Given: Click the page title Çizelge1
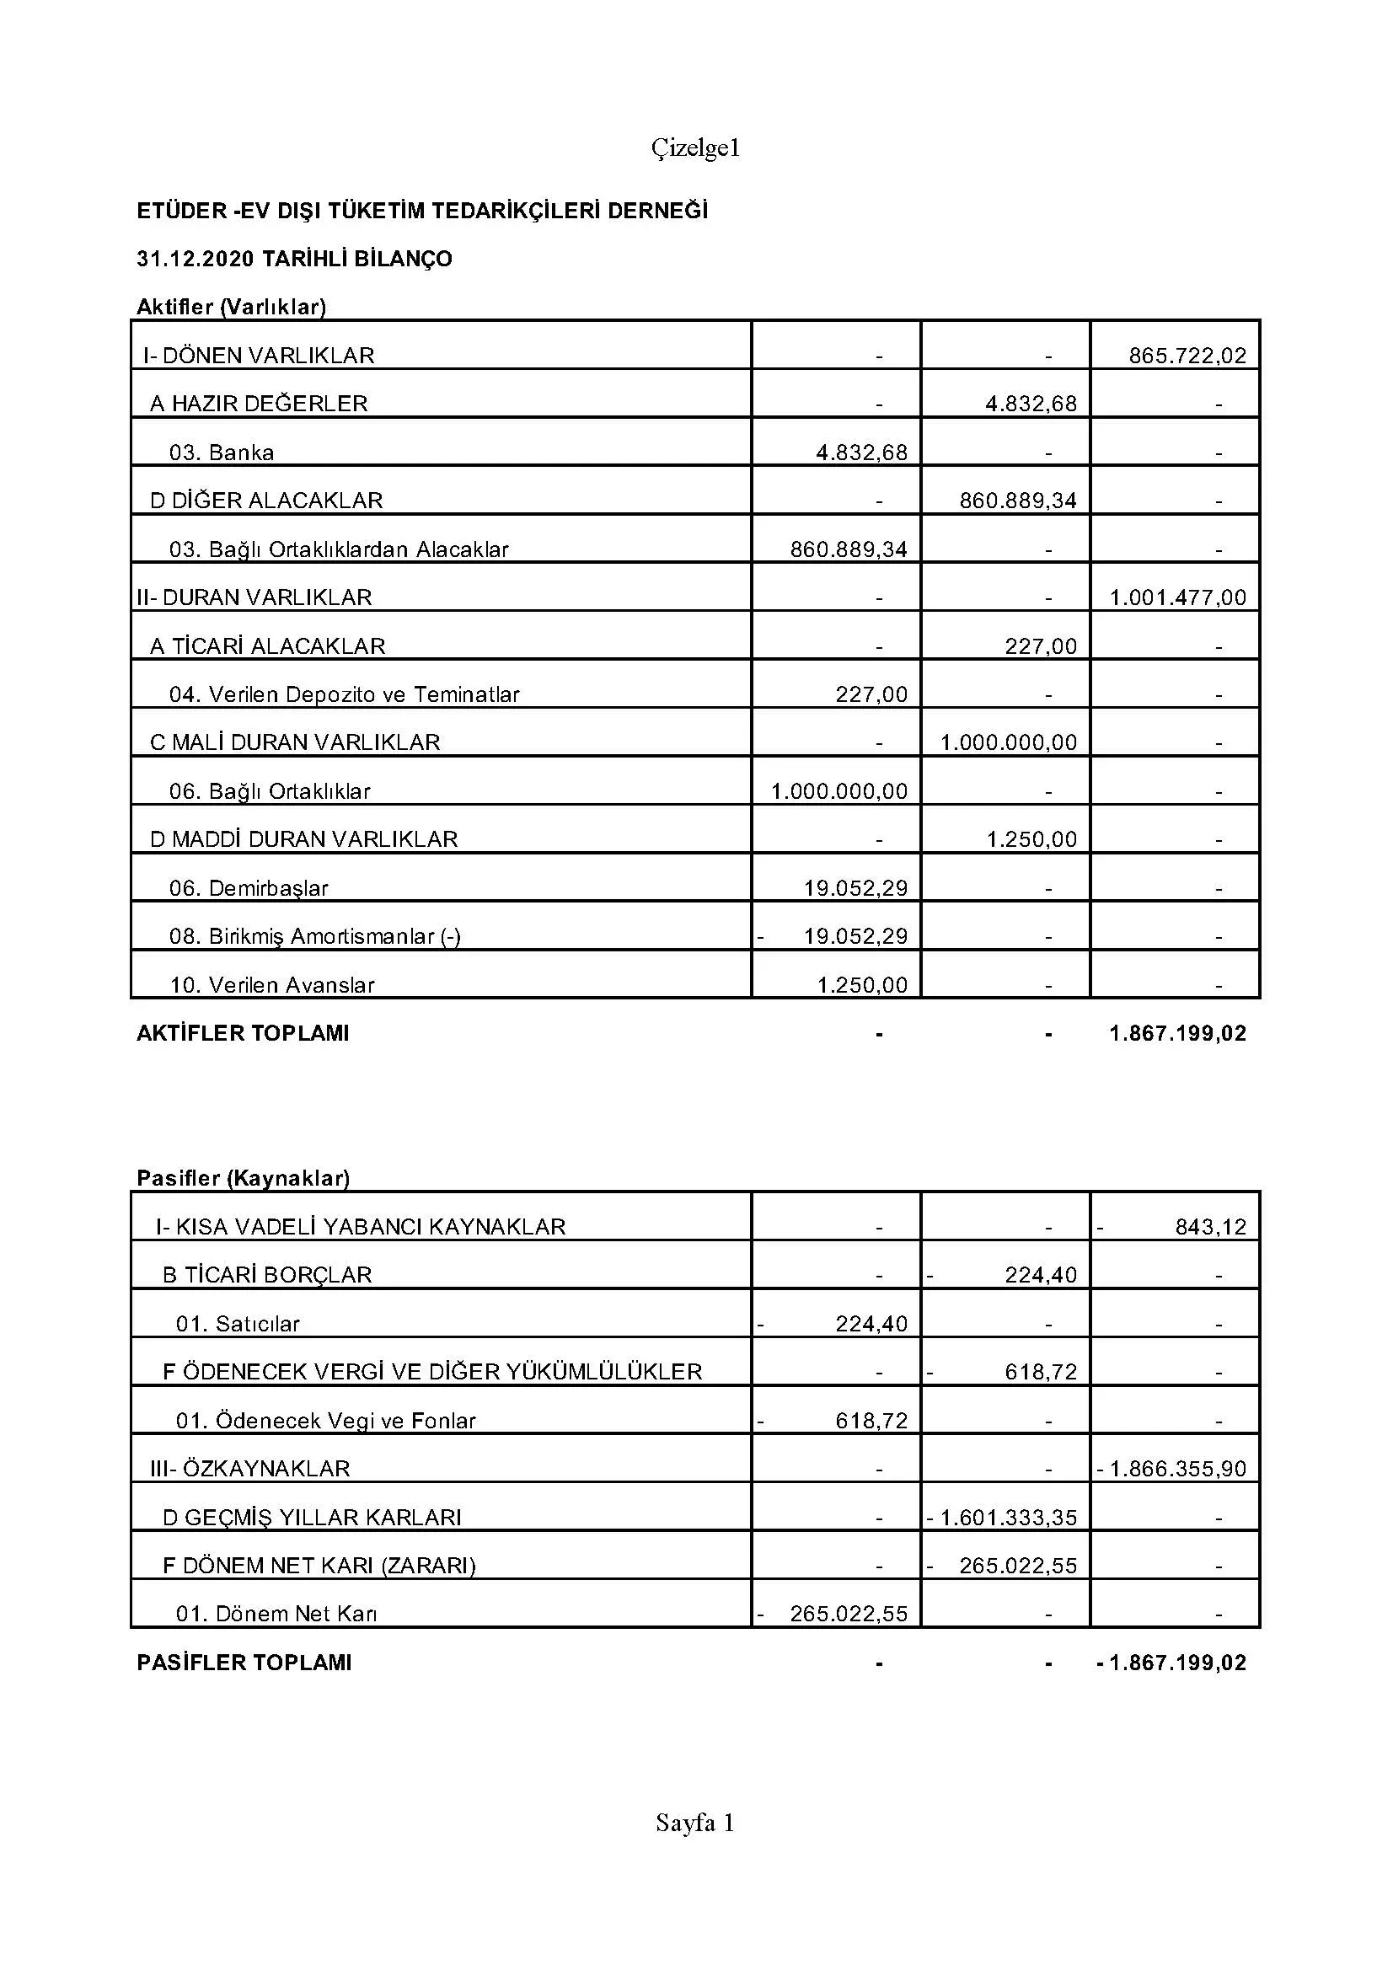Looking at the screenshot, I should click(695, 149).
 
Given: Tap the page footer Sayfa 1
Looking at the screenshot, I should click(695, 1823).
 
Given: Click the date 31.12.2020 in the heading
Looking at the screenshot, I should click(195, 259).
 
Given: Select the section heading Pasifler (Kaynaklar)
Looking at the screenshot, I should click(243, 1178).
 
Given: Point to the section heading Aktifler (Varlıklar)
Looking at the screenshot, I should click(231, 307).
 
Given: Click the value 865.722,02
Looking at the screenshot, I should click(1187, 356).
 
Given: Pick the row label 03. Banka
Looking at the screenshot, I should click(222, 453).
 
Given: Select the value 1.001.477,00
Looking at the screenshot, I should click(1177, 597).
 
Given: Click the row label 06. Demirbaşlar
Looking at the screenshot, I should click(249, 887).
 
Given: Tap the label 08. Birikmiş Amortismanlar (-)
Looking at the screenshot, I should click(315, 936).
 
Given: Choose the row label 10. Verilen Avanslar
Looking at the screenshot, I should click(272, 984).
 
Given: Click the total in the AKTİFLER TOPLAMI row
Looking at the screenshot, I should click(1177, 1034).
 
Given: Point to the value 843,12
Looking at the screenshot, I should click(1210, 1227).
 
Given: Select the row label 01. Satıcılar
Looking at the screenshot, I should click(238, 1324).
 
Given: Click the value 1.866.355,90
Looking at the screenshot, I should click(1177, 1469).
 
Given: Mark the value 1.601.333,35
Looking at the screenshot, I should click(1008, 1518).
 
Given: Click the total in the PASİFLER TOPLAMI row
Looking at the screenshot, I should click(1177, 1663).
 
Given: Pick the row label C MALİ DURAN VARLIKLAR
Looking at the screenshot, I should click(294, 742).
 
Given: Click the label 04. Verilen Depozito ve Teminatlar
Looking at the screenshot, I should click(344, 694).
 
